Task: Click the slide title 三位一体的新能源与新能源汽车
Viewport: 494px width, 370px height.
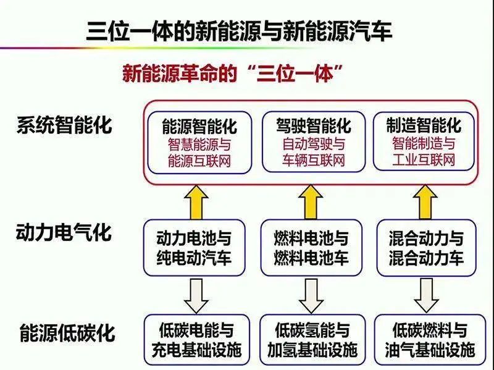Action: (239, 30)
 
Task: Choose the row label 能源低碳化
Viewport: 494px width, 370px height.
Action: (67, 334)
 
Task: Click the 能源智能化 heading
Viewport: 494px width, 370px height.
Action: (199, 127)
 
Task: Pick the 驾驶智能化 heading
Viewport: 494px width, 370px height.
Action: (314, 127)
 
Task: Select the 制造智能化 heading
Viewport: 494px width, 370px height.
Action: (424, 127)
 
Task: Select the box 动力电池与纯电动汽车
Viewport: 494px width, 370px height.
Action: (194, 248)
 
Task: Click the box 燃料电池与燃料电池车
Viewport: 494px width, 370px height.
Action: (311, 248)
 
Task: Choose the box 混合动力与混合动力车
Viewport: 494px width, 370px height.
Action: (426, 248)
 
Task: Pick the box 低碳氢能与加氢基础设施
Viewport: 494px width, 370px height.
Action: (312, 340)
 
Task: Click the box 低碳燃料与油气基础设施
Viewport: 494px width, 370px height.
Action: (427, 340)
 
